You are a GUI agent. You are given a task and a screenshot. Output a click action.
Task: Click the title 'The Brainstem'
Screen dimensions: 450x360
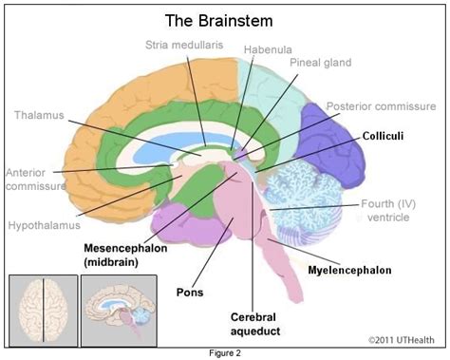(x=218, y=21)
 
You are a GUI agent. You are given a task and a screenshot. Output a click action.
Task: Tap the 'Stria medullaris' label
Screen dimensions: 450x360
(x=184, y=45)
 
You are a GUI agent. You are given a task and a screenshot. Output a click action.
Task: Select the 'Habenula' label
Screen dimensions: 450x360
(x=268, y=49)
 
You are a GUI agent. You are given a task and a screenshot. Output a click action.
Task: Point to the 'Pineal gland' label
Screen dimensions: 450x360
(x=321, y=63)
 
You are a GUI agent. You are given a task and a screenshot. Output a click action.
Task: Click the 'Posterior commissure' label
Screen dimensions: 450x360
(x=381, y=106)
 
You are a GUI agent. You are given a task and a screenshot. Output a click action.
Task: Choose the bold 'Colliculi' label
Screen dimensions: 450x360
(x=383, y=136)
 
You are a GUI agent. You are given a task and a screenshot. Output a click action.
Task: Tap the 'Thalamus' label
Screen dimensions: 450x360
(x=39, y=115)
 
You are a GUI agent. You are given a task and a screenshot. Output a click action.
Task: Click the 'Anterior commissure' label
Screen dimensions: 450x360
(x=36, y=180)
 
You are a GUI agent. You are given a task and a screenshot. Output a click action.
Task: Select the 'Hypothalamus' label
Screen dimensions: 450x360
(x=45, y=225)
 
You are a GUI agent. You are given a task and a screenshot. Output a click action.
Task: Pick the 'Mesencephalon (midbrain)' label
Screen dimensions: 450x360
(x=125, y=255)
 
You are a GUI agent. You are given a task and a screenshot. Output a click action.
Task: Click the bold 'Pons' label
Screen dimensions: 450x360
(x=190, y=292)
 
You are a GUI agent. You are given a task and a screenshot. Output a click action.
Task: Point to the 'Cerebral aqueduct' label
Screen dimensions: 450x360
(x=255, y=324)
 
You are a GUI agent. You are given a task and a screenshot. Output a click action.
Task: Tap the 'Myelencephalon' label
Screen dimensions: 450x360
(x=349, y=270)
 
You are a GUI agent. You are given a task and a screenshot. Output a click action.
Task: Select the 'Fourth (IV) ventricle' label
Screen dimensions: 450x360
(x=388, y=210)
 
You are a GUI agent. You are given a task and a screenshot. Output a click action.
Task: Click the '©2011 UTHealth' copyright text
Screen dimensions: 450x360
(x=402, y=340)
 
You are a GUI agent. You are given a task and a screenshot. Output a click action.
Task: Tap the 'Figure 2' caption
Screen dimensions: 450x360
(x=225, y=353)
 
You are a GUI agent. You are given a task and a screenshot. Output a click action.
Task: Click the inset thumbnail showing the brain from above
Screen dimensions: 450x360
(x=44, y=311)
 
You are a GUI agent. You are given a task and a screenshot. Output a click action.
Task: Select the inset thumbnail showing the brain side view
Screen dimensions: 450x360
(x=119, y=311)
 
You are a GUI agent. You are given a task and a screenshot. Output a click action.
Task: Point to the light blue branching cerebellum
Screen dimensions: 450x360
(x=302, y=202)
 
